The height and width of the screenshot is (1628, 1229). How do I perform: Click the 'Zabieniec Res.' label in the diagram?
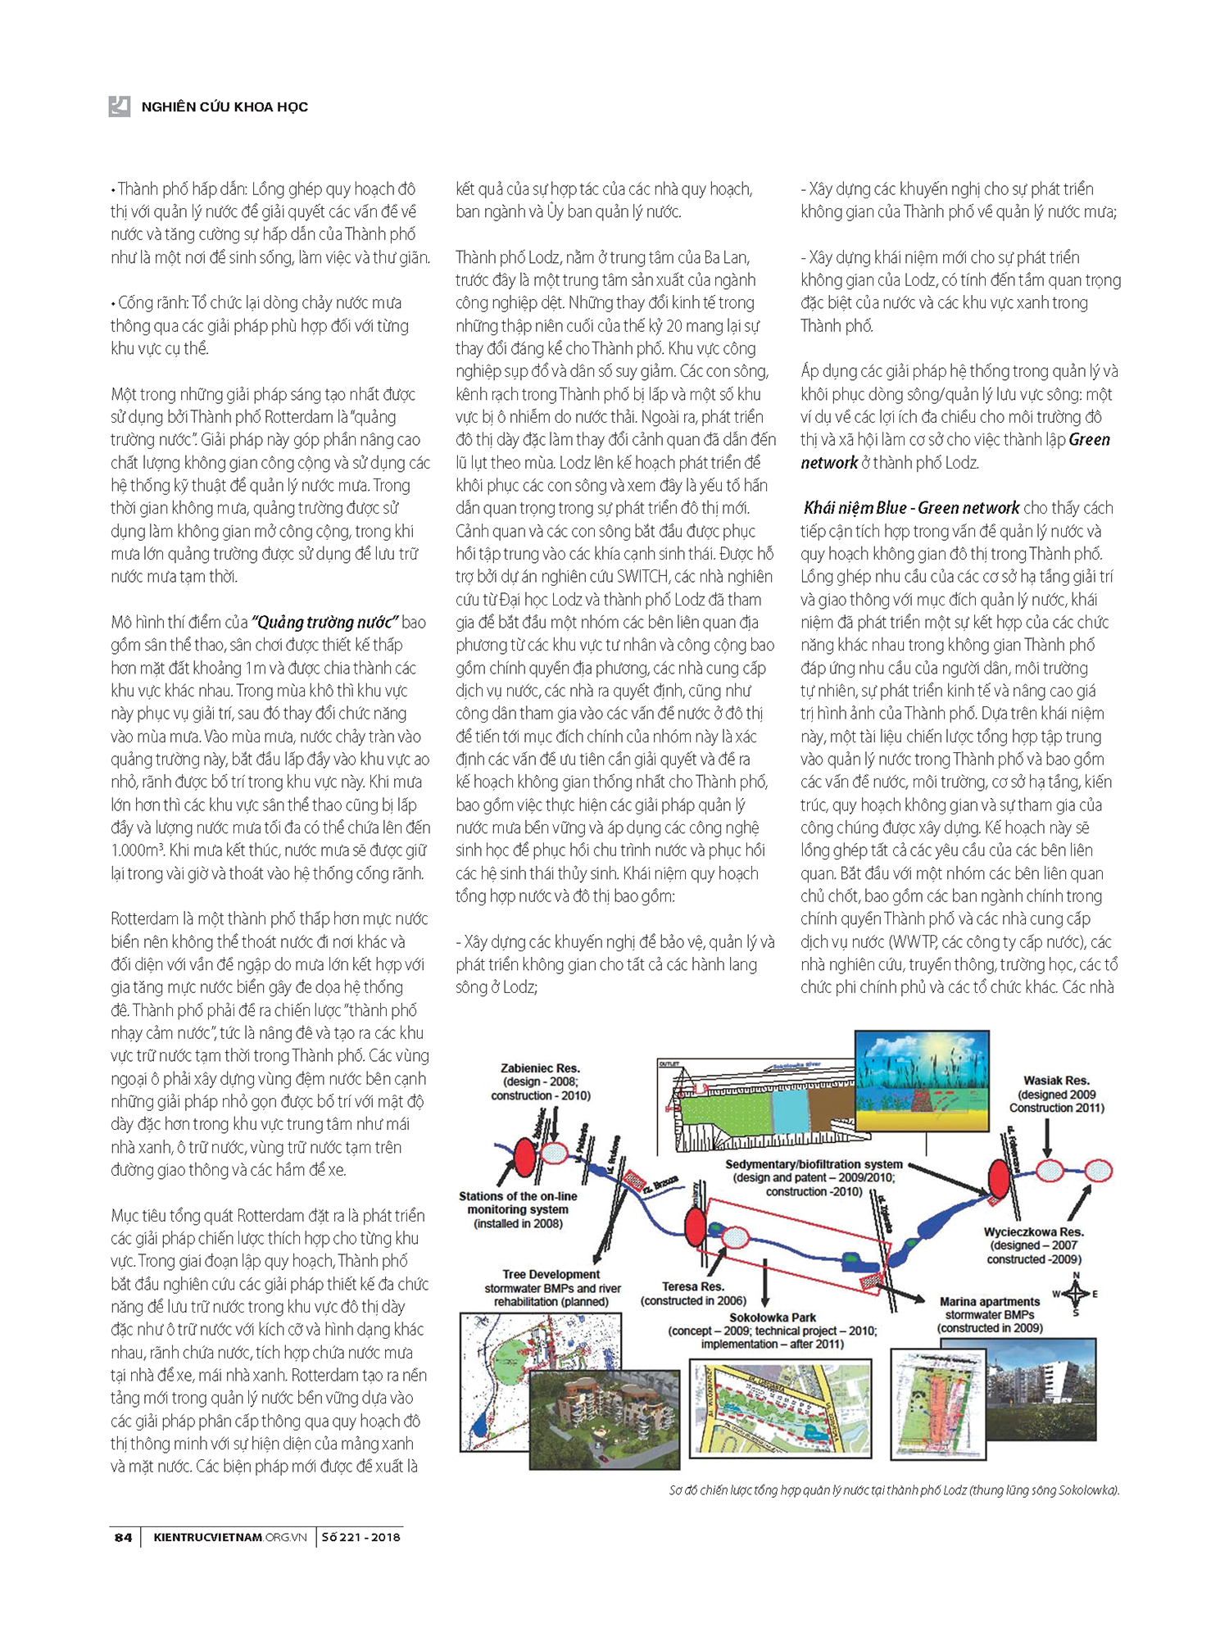pos(540,1068)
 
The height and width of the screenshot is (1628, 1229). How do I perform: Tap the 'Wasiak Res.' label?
pos(1056,1081)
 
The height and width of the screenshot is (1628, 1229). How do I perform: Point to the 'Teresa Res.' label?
pos(693,1286)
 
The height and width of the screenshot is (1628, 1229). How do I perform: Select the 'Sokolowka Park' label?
pos(773,1317)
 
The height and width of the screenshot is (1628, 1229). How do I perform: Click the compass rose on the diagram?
pos(1076,1295)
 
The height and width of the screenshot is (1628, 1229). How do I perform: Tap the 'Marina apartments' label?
pos(990,1301)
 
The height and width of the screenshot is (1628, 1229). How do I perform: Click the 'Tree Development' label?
pos(551,1274)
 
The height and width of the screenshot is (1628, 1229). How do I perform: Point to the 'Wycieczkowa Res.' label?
pos(1033,1231)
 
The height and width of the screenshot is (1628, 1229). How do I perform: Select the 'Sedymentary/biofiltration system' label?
pos(814,1164)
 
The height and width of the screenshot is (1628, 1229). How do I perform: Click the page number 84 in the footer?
pos(123,1537)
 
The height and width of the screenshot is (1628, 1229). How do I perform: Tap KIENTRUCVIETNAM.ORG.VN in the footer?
pos(229,1537)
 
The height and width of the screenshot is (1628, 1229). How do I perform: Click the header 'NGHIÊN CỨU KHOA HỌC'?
pos(224,107)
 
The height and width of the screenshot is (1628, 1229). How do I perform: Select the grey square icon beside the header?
pos(120,106)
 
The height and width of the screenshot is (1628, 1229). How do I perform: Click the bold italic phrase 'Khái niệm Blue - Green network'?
pos(911,508)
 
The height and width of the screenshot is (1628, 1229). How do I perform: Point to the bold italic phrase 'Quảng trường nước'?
pos(324,622)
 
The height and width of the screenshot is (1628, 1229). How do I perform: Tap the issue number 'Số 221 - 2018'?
pos(361,1537)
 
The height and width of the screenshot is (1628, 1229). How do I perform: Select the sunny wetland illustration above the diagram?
pos(922,1081)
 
